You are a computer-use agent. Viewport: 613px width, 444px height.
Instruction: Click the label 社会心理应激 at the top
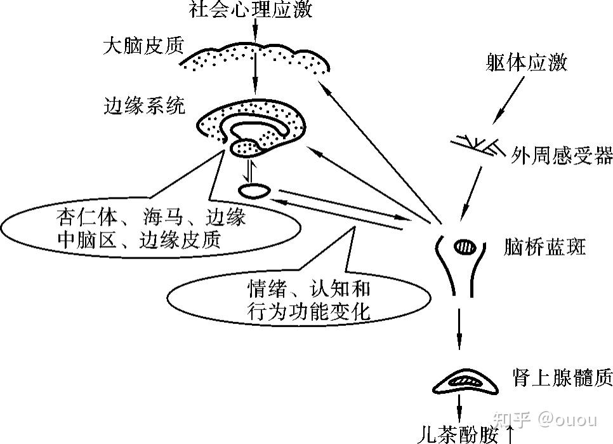coord(251,11)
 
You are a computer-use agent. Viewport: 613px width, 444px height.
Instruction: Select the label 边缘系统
coord(145,105)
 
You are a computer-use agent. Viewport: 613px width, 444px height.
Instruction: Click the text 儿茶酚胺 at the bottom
coord(460,434)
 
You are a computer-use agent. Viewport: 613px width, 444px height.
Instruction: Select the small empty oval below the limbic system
coord(256,190)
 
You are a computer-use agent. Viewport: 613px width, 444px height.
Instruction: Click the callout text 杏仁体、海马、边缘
coord(150,219)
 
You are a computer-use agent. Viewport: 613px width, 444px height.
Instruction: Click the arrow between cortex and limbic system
coord(254,76)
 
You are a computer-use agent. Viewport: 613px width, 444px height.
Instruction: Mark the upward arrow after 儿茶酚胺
coord(511,434)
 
